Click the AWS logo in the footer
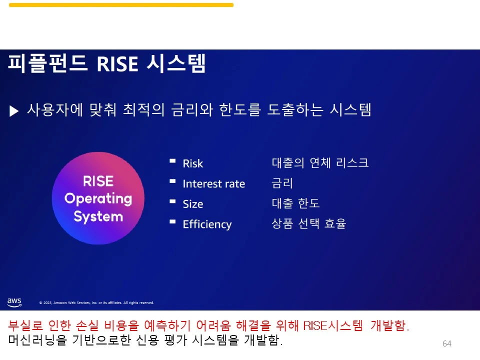click(14, 302)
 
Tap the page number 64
click(446, 343)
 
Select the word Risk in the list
click(193, 163)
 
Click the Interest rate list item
click(213, 183)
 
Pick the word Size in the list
click(193, 204)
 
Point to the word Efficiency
click(207, 224)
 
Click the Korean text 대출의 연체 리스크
click(320, 162)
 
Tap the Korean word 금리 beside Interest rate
click(282, 183)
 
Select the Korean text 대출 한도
click(295, 203)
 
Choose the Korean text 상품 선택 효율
click(309, 223)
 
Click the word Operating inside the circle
click(98, 199)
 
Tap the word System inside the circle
click(98, 216)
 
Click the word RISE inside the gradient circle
click(98, 181)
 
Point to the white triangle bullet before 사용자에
click(14, 111)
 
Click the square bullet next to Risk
click(172, 160)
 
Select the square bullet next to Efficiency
click(172, 221)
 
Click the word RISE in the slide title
click(117, 64)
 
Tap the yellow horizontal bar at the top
click(121, 5)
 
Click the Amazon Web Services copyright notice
click(96, 303)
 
